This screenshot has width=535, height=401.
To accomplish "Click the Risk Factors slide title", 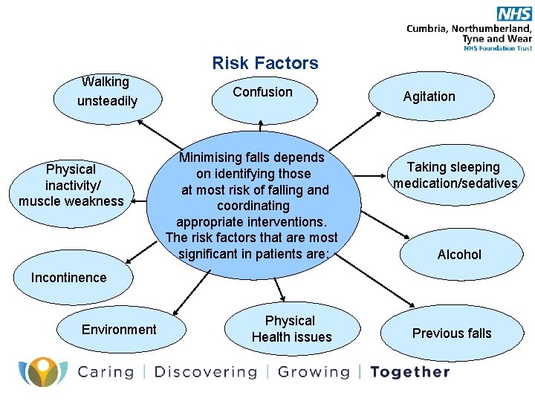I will (x=265, y=63).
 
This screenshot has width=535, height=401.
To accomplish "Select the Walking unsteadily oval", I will (x=107, y=92).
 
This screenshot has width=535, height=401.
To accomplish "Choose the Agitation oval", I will (x=429, y=97).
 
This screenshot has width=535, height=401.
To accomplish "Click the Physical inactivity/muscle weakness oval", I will (x=71, y=186).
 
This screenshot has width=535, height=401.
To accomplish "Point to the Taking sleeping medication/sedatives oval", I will (x=455, y=176).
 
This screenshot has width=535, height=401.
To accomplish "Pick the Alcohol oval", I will (x=459, y=255).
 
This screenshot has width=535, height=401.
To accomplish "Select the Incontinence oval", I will (x=69, y=278).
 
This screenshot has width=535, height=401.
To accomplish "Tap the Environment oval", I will (x=119, y=330).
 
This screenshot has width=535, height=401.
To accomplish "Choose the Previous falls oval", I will (x=452, y=333).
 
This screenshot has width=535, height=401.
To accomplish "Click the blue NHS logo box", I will (x=514, y=13).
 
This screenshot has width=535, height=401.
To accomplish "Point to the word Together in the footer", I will (x=410, y=372).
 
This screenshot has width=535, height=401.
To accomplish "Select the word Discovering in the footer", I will (x=205, y=372).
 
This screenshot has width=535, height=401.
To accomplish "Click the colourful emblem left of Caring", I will (x=43, y=371).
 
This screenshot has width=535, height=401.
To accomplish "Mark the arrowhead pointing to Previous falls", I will (x=413, y=304).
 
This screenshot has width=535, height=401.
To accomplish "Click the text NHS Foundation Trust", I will (x=497, y=48).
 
